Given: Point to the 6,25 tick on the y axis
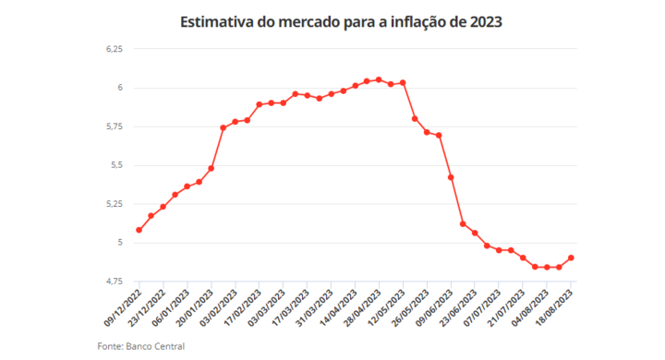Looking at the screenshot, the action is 115,49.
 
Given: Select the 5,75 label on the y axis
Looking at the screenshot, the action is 115,126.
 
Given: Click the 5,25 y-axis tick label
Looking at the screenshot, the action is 115,204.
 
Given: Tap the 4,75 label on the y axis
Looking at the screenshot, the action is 115,282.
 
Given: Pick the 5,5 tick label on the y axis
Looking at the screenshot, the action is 117,165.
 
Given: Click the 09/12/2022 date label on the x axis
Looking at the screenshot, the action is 123,307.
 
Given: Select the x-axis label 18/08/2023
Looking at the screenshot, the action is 554,307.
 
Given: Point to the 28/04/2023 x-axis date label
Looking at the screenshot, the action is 363,307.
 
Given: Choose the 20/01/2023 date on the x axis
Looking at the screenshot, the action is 195,307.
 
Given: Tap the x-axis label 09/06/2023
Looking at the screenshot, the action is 434,307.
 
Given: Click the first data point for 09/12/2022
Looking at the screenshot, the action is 139,230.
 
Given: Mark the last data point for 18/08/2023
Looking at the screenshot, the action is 571,258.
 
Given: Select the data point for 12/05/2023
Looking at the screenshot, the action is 403,83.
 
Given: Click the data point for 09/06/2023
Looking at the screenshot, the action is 451,177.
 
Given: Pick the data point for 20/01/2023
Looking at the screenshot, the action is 211,168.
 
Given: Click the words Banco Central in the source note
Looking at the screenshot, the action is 155,346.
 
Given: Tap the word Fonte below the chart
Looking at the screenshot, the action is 110,346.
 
